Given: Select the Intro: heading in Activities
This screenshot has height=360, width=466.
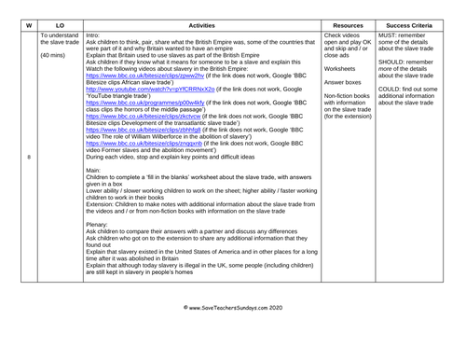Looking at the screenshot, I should coord(94,34).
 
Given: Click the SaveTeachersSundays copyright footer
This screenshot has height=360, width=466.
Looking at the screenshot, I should coord(233,331).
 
